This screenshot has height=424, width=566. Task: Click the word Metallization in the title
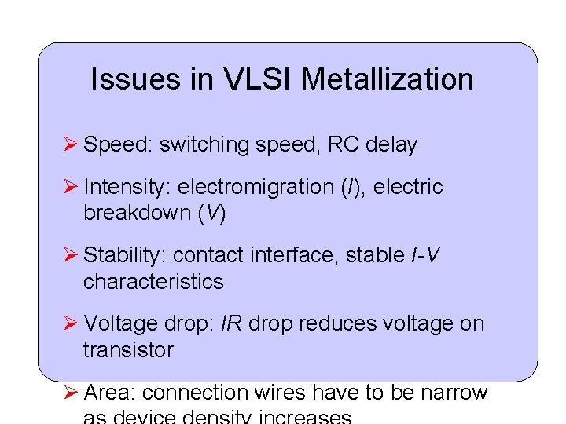[x=387, y=79]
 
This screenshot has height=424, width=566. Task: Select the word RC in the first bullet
[x=344, y=145]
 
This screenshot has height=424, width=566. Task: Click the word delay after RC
[x=391, y=145]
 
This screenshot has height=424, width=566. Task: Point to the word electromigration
[x=256, y=188]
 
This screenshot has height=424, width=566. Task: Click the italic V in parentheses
[x=211, y=214]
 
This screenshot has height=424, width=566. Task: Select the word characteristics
[x=153, y=282]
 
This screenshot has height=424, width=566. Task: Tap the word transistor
[x=128, y=350]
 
